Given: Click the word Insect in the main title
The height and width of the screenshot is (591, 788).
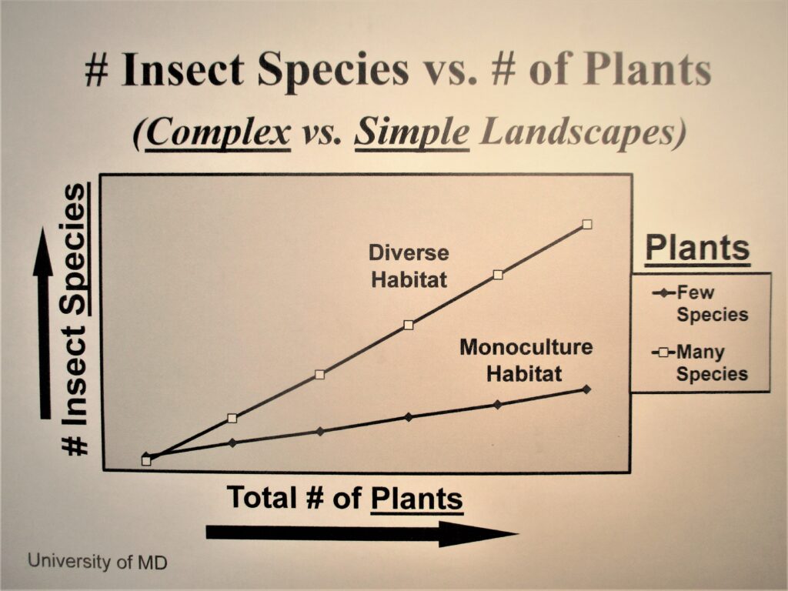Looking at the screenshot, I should click(x=182, y=71).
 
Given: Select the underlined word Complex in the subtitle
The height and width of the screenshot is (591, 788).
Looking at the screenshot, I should click(x=218, y=133).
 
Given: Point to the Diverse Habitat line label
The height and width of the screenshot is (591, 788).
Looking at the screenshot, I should click(x=409, y=265).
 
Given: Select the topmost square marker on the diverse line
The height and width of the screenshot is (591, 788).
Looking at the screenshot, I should click(x=587, y=224).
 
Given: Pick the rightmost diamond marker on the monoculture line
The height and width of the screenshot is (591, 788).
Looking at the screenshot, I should click(x=587, y=389).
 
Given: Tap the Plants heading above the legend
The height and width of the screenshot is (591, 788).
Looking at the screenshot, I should click(x=697, y=249).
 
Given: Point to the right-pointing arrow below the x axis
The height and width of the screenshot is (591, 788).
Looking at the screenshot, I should click(x=362, y=533).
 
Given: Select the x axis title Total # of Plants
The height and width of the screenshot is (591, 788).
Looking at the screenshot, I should click(x=345, y=499).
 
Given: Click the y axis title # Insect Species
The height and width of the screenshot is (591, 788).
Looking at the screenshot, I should click(x=75, y=319).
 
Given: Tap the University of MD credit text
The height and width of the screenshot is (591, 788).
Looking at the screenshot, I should click(x=97, y=561).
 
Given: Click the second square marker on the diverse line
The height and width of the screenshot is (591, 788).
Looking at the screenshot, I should click(x=232, y=418).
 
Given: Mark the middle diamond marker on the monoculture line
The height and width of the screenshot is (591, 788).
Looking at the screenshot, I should click(x=409, y=417).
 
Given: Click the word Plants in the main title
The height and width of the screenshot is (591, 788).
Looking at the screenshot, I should click(x=646, y=71).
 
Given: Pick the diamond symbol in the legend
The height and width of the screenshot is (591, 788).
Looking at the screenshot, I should click(x=663, y=293).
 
